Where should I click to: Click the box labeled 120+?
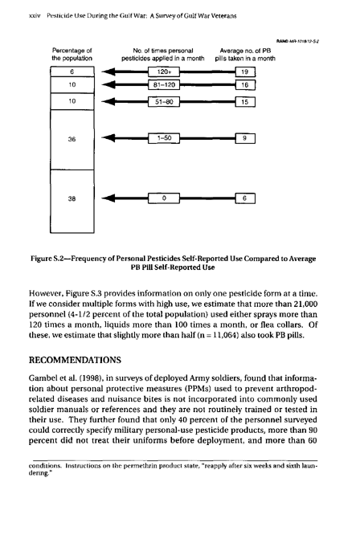164,71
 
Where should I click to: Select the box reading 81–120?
164,85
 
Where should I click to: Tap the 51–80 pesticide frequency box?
164,102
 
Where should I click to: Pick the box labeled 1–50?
164,138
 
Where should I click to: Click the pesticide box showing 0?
164,198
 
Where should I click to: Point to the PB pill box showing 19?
245,71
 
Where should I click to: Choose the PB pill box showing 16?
245,85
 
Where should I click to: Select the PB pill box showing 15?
245,102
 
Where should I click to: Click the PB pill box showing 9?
245,138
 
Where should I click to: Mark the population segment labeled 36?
72,140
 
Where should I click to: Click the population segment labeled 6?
72,71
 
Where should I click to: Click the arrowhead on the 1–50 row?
108,138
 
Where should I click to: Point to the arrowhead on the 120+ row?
108,71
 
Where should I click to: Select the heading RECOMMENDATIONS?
75,360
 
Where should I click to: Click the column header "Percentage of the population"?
72,55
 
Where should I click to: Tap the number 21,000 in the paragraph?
305,304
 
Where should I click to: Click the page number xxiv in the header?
35,15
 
